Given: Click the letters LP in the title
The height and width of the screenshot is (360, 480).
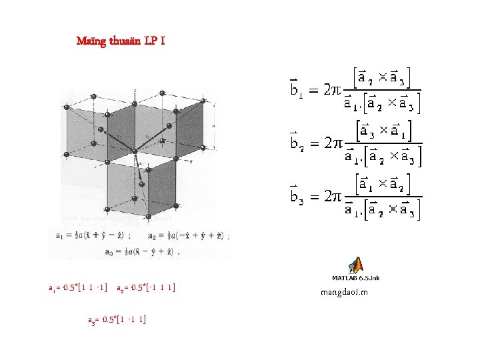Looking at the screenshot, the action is pyautogui.click(x=152, y=41).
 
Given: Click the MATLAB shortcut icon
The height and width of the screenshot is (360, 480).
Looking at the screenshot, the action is pyautogui.click(x=356, y=265).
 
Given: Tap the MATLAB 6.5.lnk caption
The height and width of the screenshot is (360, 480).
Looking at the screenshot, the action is pyautogui.click(x=356, y=278).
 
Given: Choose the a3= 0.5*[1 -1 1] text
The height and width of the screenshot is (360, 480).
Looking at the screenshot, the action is pyautogui.click(x=117, y=319).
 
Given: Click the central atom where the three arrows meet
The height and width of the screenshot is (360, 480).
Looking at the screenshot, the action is pyautogui.click(x=135, y=152).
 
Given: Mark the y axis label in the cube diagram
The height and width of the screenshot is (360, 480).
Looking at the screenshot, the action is pyautogui.click(x=191, y=161).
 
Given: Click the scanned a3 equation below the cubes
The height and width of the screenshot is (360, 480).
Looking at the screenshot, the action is pyautogui.click(x=142, y=252).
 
